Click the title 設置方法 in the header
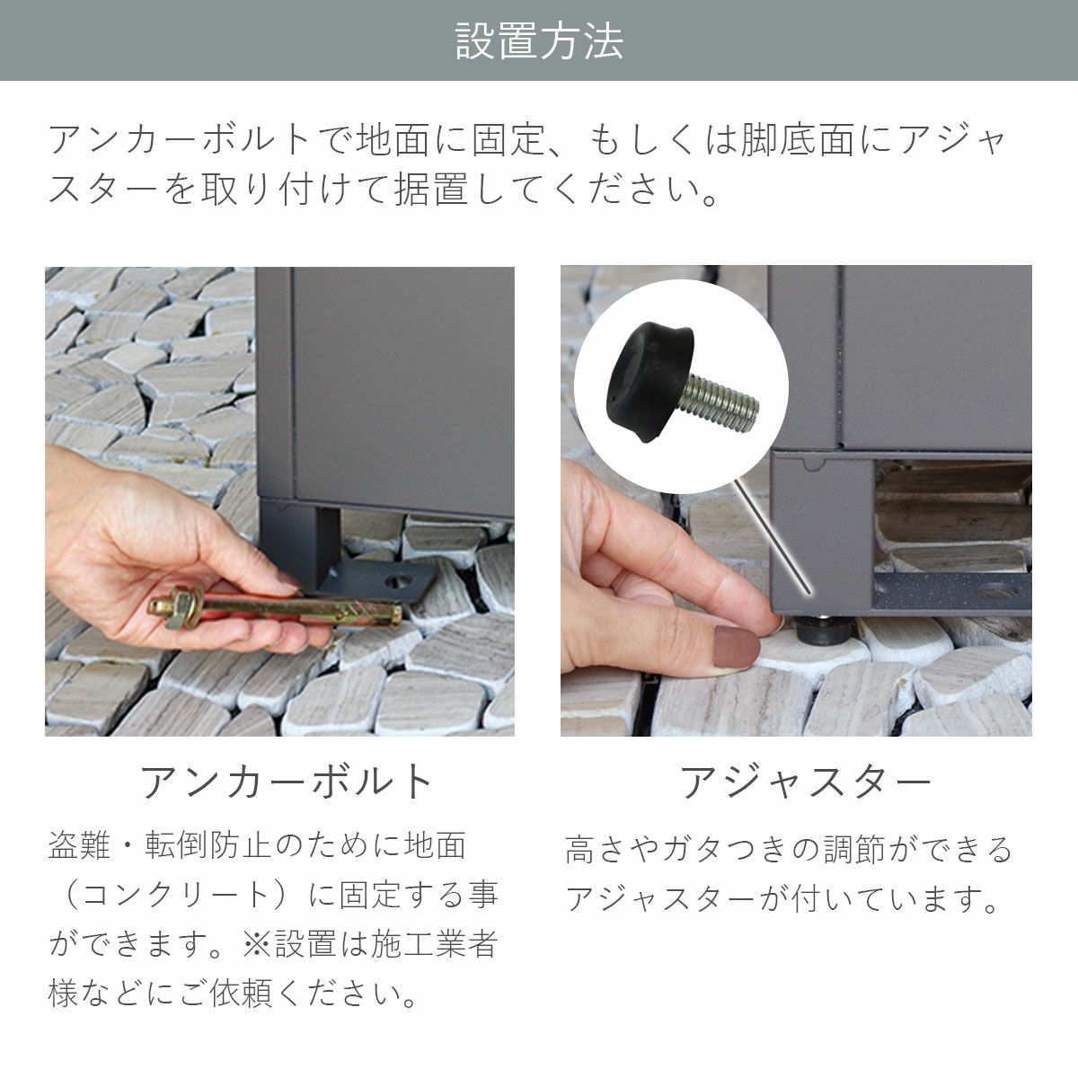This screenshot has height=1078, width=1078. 539,41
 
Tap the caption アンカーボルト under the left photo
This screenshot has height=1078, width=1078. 287,782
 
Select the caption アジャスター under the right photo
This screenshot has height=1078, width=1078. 806,782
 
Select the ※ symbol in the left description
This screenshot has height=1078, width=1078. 256,944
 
